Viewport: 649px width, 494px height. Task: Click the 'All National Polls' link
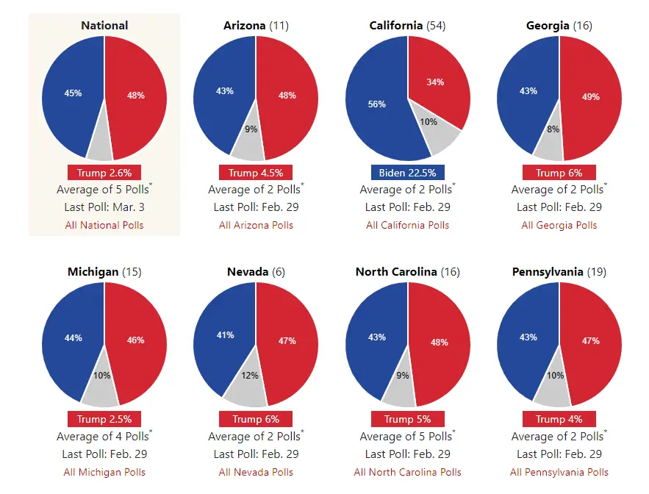point(104,225)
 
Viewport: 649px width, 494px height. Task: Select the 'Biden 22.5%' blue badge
point(407,173)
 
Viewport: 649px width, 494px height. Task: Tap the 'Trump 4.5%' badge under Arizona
point(256,173)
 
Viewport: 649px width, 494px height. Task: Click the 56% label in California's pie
point(376,104)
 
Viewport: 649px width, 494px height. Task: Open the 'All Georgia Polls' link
point(559,225)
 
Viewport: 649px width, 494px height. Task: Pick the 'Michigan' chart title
point(93,272)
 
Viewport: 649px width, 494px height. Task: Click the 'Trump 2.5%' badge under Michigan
point(104,419)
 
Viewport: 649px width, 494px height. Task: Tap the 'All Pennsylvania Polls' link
point(559,472)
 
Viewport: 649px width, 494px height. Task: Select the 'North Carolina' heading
point(397,272)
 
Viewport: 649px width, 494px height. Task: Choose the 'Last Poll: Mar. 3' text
point(104,207)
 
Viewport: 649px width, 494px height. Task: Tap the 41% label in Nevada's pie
point(224,335)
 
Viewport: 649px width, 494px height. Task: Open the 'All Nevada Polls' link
point(256,472)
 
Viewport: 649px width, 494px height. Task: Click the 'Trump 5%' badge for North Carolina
point(407,419)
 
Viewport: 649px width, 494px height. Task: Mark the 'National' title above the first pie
point(104,26)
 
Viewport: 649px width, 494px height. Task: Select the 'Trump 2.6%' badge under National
point(104,173)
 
